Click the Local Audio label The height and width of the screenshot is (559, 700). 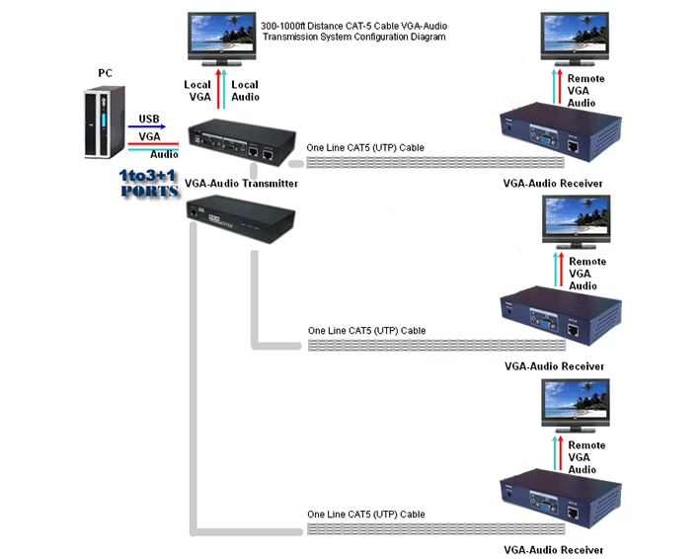(245, 91)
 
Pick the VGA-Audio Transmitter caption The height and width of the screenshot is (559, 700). (241, 184)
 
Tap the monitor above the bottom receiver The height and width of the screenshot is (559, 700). (579, 405)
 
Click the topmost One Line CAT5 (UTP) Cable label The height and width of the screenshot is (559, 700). (365, 148)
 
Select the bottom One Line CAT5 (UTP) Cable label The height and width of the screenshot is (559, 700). (366, 515)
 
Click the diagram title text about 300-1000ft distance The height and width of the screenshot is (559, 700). (354, 30)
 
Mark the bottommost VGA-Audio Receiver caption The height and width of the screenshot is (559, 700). (554, 550)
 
